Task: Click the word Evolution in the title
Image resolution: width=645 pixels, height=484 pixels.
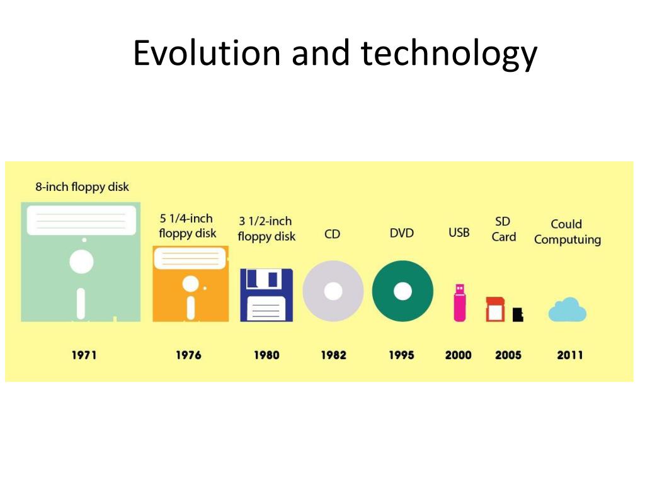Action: click(206, 53)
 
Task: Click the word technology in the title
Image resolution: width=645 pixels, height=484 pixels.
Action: click(449, 54)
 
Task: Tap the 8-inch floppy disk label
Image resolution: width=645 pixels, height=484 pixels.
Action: click(82, 187)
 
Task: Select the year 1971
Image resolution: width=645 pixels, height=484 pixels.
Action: click(84, 355)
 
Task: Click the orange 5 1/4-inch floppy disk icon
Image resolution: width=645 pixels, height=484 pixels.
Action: click(190, 284)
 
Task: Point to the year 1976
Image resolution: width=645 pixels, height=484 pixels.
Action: click(188, 355)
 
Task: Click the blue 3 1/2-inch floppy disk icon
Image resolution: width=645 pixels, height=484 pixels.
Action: click(266, 295)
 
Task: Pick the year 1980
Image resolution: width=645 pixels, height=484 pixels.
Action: click(266, 355)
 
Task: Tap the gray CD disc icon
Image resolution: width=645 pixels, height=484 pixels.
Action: click(333, 291)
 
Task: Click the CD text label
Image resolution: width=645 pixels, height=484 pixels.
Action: click(332, 234)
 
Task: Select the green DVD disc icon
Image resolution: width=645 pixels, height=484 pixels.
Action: click(402, 291)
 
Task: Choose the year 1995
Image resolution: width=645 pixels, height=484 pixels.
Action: click(401, 355)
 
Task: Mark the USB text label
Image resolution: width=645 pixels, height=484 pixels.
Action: click(459, 233)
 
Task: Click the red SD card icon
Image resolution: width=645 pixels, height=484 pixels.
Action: click(495, 309)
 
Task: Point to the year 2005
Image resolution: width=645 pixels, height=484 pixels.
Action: click(508, 355)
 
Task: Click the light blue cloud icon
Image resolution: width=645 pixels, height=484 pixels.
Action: click(567, 310)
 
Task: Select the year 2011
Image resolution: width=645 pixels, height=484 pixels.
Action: click(569, 355)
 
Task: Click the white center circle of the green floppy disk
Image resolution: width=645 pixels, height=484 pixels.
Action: click(81, 262)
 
